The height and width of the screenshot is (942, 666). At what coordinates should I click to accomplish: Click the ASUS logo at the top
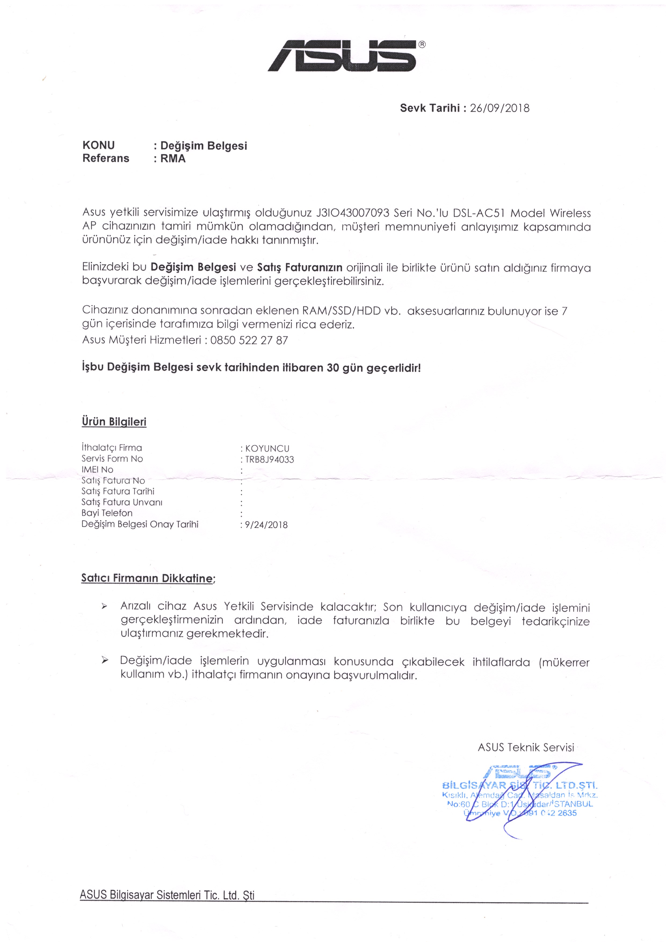click(346, 56)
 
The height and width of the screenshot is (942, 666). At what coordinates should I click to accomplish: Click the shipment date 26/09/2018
click(499, 108)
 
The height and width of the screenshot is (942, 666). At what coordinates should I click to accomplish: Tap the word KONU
click(99, 145)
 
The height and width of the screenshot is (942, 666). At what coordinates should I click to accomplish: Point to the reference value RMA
click(173, 159)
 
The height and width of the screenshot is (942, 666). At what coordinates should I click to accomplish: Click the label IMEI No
click(97, 469)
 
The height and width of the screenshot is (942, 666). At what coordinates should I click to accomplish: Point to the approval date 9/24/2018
click(266, 525)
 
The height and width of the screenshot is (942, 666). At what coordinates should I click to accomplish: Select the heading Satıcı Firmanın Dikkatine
click(147, 578)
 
